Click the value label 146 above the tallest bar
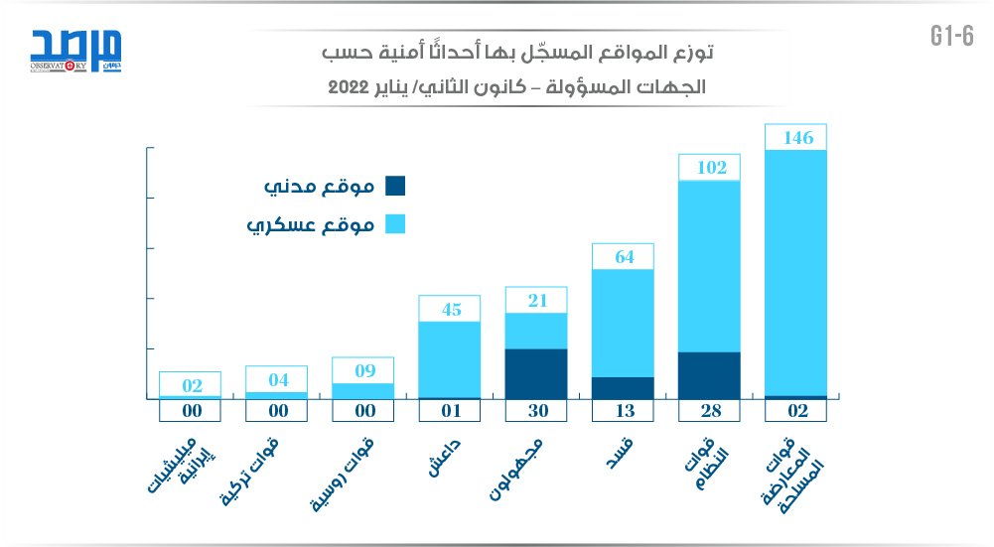coord(796,138)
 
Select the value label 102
coord(710,168)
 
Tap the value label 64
coord(623,257)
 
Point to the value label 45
coord(450,310)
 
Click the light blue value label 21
coord(536,301)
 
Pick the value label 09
coord(363,371)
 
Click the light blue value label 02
coord(190,385)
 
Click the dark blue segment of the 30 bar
coord(536,373)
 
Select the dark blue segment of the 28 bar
coord(710,375)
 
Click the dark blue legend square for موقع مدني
coord(394,186)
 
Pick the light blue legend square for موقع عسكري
coord(394,225)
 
